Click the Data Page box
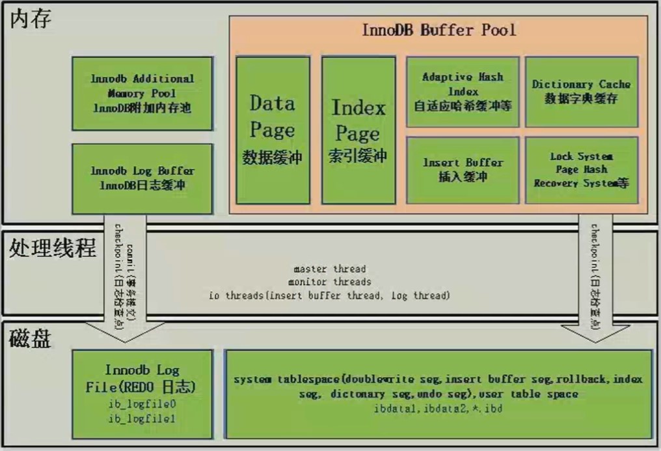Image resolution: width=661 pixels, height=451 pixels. coord(272,130)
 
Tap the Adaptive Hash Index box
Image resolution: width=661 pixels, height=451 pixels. coord(463,92)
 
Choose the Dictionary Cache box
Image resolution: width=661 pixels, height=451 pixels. coord(581,92)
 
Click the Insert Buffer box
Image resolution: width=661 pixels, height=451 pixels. coord(463,170)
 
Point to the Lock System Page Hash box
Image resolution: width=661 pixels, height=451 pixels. coord(581,170)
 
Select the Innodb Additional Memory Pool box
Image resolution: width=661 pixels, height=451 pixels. coord(142,93)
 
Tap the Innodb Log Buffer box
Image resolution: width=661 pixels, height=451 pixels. coord(142,178)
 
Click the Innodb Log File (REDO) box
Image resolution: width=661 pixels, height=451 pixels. coord(142,393)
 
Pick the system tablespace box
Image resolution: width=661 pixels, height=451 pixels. coord(437,393)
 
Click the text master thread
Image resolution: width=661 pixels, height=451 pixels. coord(329,269)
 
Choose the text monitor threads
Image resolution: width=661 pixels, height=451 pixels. coord(329,282)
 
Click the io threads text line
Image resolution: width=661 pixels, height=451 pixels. coord(329,295)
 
